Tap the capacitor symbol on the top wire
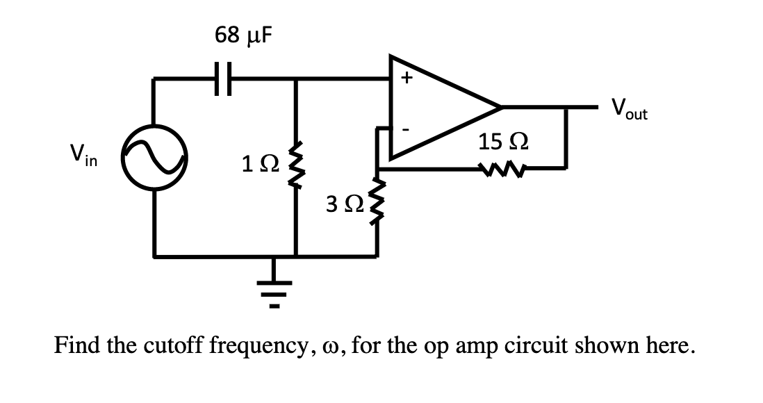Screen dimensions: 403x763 pos(221,79)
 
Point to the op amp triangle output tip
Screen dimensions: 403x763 pos(500,108)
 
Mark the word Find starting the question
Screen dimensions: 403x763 pos(77,345)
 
